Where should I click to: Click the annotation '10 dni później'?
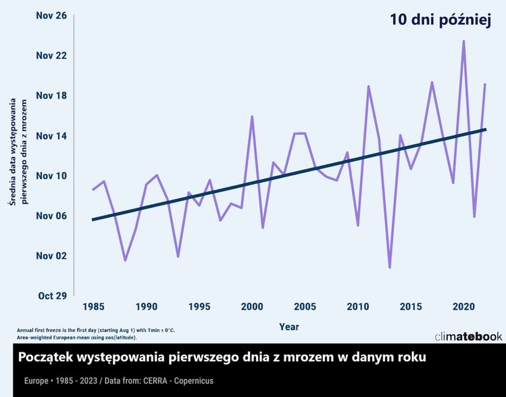click(x=439, y=20)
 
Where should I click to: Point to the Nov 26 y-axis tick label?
click(x=51, y=16)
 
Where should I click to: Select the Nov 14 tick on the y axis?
click(x=51, y=136)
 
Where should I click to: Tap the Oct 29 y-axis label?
click(x=51, y=296)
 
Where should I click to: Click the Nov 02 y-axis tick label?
click(x=51, y=256)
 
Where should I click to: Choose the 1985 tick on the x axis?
click(x=93, y=307)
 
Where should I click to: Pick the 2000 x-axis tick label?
click(x=252, y=307)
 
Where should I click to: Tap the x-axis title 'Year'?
click(x=289, y=327)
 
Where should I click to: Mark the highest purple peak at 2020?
click(x=463, y=41)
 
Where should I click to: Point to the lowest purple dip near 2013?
click(x=390, y=267)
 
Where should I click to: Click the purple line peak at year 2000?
click(x=252, y=116)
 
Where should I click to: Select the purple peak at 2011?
click(x=368, y=87)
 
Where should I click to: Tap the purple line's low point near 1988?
click(x=125, y=260)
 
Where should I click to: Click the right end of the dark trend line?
click(x=484, y=129)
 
